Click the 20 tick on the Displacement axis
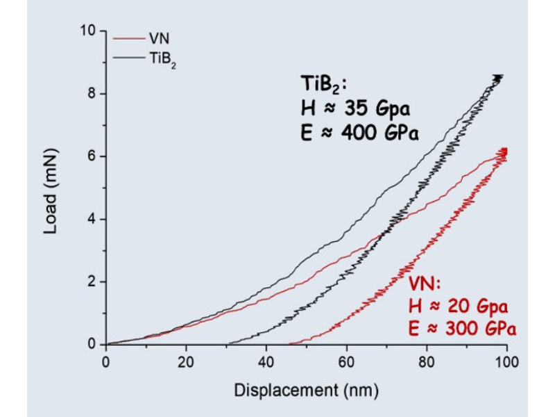coord(186,361)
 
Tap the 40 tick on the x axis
coord(266,361)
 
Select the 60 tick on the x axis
coord(347,361)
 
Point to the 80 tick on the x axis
coord(427,361)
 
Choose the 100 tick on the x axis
coord(507,361)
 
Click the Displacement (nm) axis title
coord(306,390)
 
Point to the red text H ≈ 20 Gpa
coord(458,306)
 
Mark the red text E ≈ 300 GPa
coord(461,328)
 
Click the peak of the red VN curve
coord(504,150)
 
